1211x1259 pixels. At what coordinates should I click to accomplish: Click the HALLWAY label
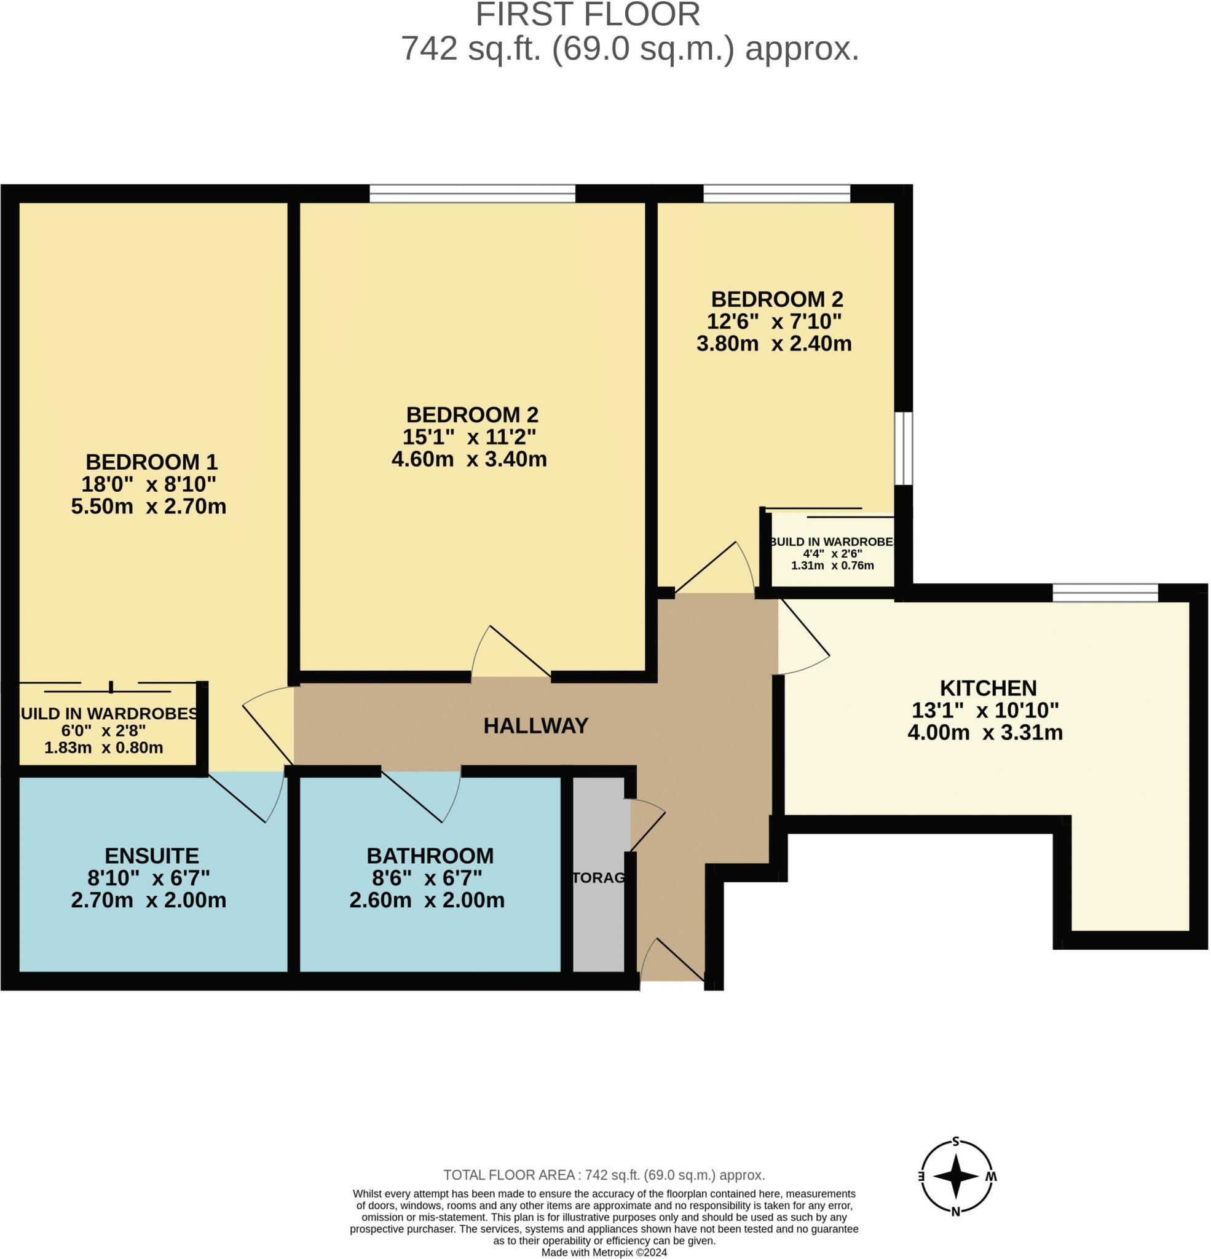(536, 726)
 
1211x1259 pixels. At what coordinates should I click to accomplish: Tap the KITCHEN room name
(988, 688)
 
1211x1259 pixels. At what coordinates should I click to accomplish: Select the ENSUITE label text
(152, 856)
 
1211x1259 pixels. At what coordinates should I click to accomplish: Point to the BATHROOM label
(430, 856)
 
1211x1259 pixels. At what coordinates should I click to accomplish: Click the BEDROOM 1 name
(152, 462)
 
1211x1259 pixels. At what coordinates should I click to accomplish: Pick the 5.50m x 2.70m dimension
(148, 506)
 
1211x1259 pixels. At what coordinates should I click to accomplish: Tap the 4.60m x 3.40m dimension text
(469, 459)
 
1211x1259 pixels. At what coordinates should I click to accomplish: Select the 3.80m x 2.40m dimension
(774, 343)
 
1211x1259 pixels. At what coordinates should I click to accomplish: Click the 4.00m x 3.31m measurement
(985, 732)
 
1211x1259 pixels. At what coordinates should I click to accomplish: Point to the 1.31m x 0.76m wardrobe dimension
(832, 566)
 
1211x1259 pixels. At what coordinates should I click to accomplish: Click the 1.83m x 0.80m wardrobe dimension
(103, 748)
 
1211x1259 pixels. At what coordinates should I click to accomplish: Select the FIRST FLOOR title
(588, 14)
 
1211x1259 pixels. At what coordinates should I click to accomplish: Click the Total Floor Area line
(604, 1175)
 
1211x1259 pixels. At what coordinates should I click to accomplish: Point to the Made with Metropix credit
(604, 1253)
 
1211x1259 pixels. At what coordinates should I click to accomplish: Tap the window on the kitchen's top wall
(1105, 592)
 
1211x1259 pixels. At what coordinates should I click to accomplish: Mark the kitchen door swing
(803, 636)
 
